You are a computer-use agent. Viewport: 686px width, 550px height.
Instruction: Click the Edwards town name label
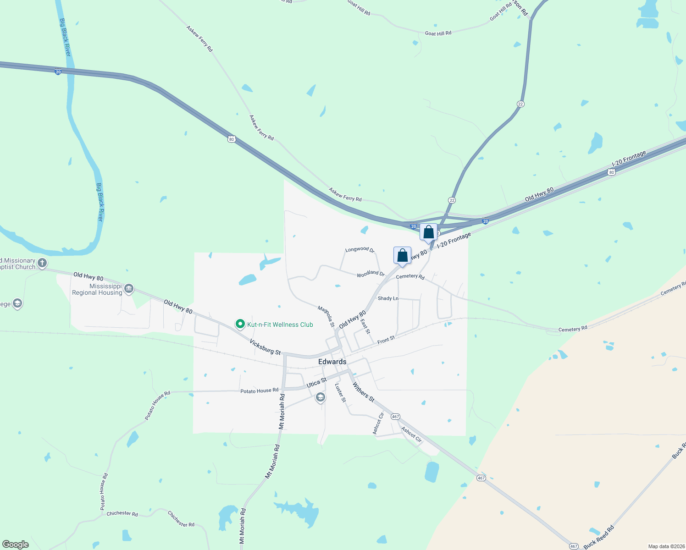coord(332,362)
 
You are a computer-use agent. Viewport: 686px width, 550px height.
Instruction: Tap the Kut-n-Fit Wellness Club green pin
coord(240,324)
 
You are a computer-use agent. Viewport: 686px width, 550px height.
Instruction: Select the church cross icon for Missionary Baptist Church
coord(42,263)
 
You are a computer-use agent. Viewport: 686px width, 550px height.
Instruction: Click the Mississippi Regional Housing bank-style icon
coord(129,288)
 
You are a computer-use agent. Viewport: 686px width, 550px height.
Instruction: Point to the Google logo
coord(16,544)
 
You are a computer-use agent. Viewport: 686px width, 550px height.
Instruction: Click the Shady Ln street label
coord(388,298)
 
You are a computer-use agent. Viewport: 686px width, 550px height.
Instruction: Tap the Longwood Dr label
coord(360,249)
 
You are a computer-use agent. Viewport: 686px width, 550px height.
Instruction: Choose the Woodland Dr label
coord(371,273)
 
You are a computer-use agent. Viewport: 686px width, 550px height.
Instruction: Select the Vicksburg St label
coord(265,347)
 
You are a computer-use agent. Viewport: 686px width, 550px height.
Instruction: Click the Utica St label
coord(316,382)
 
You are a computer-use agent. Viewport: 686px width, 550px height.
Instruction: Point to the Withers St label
coord(364,393)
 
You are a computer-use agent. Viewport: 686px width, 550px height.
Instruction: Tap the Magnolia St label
coord(326,316)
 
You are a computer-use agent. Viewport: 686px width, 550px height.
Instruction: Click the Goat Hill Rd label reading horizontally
coord(438,33)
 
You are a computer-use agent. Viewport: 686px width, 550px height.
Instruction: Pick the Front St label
coord(386,340)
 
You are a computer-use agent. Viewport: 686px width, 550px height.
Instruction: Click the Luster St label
coord(340,393)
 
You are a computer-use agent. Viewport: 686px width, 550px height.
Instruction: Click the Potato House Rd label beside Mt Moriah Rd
coord(259,390)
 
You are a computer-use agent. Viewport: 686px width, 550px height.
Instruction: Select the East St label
coord(365,326)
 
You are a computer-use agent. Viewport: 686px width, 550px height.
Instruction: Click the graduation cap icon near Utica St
coord(321,397)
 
